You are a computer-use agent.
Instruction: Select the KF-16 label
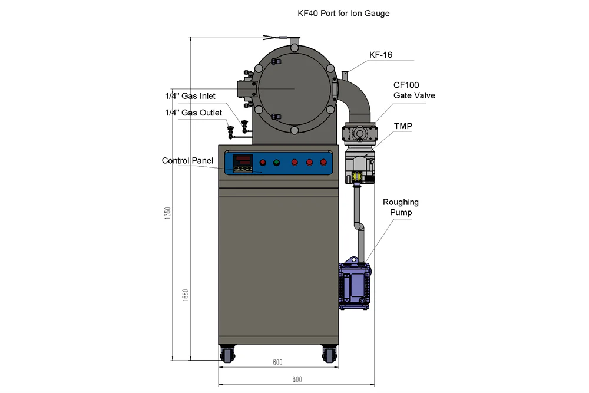pyautogui.click(x=380, y=55)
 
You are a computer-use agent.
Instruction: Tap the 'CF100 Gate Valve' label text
pyautogui.click(x=414, y=90)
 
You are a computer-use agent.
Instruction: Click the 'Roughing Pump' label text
pyautogui.click(x=401, y=207)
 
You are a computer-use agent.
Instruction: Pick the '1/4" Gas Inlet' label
pyautogui.click(x=190, y=96)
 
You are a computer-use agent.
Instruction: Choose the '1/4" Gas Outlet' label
pyautogui.click(x=193, y=113)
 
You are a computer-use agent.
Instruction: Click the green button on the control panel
pyautogui.click(x=276, y=163)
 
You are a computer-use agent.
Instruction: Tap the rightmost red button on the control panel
pyautogui.click(x=322, y=163)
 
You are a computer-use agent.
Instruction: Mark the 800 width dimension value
pyautogui.click(x=296, y=379)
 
